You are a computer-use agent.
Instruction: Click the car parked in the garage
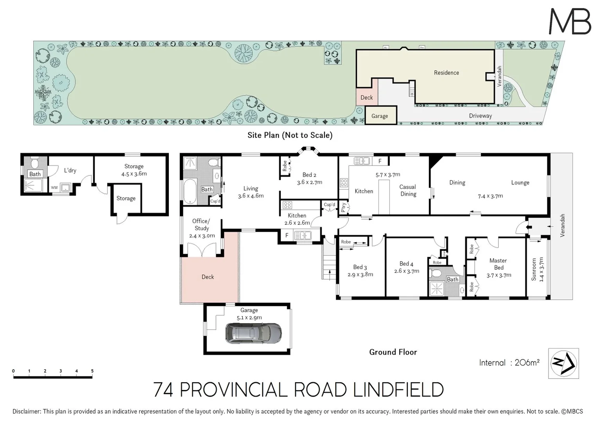click(253, 333)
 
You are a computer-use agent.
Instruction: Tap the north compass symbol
click(563, 363)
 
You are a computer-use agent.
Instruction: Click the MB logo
click(570, 21)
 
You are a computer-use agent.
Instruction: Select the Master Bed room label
click(498, 264)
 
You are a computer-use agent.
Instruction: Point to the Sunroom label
click(534, 269)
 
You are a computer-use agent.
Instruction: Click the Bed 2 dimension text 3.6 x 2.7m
click(309, 182)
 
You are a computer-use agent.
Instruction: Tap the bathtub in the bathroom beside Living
click(190, 191)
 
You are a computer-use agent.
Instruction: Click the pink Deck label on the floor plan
click(208, 277)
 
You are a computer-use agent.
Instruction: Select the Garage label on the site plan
click(379, 116)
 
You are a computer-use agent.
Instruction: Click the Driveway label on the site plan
click(480, 116)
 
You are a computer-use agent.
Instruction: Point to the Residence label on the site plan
click(446, 73)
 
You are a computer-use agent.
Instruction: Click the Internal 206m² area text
click(509, 363)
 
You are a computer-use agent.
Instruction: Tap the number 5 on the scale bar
click(92, 371)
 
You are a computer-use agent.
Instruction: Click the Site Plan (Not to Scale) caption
click(290, 135)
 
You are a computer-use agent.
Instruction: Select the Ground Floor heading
click(393, 352)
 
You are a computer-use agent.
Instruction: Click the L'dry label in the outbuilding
click(70, 170)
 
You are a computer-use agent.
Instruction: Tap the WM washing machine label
click(54, 188)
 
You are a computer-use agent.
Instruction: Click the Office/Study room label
click(201, 225)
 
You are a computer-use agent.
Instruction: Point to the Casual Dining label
click(408, 190)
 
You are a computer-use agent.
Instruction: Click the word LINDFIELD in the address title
click(398, 390)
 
